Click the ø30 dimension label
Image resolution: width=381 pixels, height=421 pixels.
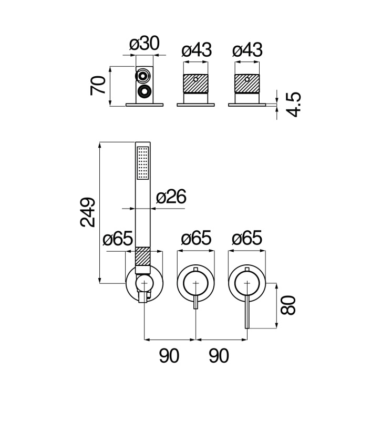144,44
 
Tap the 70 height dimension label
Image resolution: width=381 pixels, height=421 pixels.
98,85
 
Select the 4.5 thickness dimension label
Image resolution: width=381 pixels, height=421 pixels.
293,105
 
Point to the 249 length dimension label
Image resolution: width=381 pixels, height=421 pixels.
88,212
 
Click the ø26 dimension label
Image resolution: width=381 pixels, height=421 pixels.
171,197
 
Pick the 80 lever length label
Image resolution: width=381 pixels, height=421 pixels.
288,305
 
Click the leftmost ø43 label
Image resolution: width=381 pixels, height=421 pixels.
197,50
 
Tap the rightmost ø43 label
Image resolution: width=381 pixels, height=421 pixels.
248,50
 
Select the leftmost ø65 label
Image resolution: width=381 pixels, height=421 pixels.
118,238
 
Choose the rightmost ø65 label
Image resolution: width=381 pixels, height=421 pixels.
247,238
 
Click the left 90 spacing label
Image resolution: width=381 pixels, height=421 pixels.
169,356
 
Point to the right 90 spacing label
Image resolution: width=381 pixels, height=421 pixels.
219,356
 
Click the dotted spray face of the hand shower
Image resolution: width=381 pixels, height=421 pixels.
143,163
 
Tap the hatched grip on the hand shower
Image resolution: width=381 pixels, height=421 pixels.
142,256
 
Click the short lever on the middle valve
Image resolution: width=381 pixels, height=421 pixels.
195,302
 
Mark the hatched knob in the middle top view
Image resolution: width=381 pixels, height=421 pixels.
195,84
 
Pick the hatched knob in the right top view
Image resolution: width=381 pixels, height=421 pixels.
247,84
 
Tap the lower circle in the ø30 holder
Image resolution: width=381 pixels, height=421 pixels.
145,91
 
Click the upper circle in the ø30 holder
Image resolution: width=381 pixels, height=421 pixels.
142,76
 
